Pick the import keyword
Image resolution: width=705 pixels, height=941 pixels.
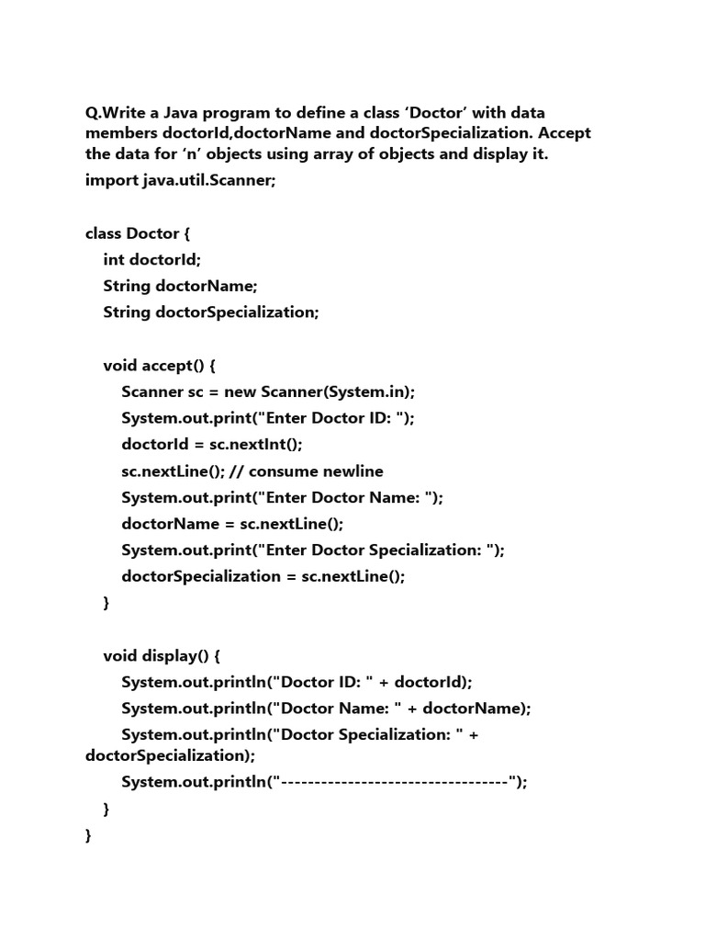(111, 180)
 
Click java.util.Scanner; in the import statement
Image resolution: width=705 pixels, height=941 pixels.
(208, 180)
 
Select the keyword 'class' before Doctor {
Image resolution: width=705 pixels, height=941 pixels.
(104, 233)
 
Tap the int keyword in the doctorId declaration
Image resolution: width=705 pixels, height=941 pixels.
(114, 260)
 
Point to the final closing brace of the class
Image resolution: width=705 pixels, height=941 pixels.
(88, 835)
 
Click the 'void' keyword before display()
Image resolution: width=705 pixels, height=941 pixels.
(120, 656)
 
